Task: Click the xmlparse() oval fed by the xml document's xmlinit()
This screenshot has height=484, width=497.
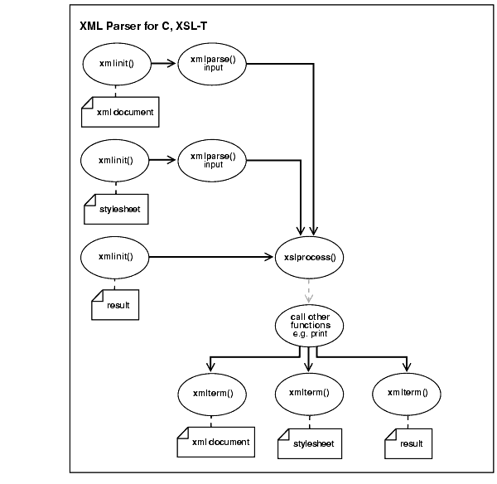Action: pyautogui.click(x=213, y=66)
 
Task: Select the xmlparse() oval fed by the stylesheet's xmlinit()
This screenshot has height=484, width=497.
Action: pyautogui.click(x=213, y=160)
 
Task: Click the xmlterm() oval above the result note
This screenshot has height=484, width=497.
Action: pyautogui.click(x=406, y=394)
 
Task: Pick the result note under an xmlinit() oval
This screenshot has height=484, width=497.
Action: pyautogui.click(x=115, y=305)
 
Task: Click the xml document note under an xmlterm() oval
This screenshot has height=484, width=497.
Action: pyautogui.click(x=217, y=442)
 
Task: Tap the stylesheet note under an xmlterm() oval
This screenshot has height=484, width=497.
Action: pyautogui.click(x=312, y=443)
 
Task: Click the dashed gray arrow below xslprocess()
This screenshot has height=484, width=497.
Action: pyautogui.click(x=309, y=290)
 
